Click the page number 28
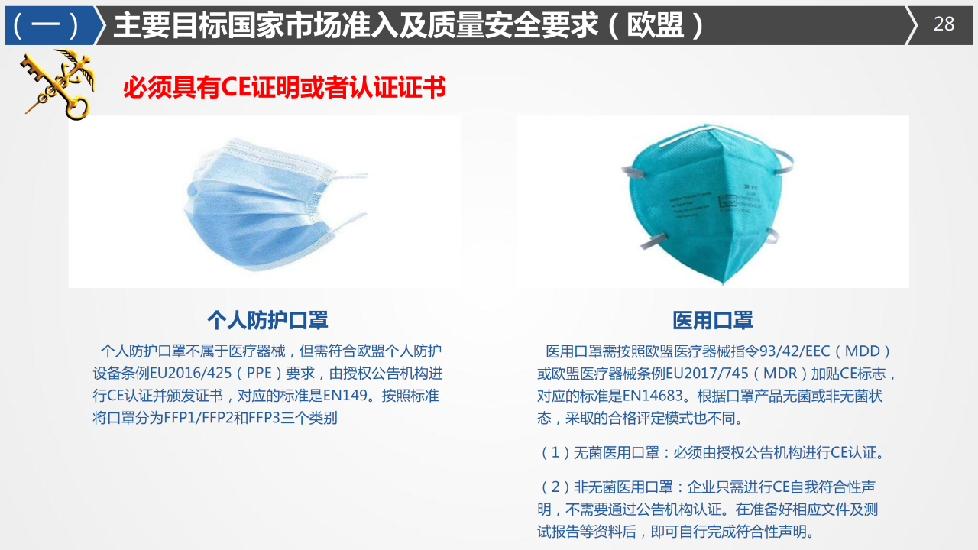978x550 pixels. click(944, 24)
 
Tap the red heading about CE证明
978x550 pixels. click(284, 88)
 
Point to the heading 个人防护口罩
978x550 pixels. click(267, 320)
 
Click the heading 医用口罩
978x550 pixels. click(713, 320)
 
